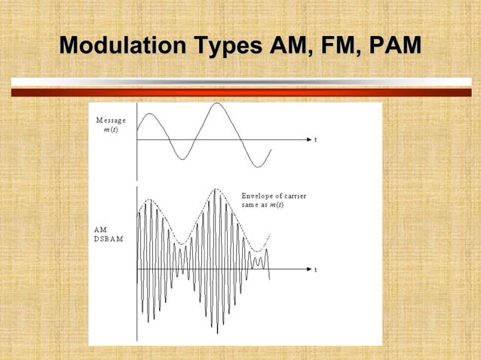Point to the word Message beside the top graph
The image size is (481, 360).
click(x=111, y=121)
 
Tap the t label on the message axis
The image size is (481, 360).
click(x=315, y=140)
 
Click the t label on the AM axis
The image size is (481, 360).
click(x=315, y=269)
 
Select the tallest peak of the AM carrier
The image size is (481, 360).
click(x=216, y=190)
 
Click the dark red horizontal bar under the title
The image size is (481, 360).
click(x=240, y=93)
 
